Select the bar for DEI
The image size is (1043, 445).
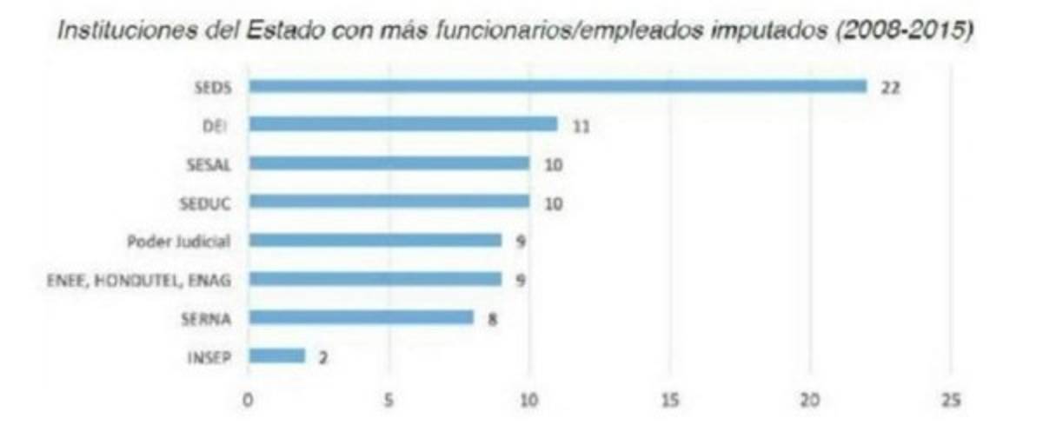pos(403,124)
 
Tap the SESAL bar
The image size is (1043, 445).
pos(389,163)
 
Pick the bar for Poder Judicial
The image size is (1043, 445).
pos(375,240)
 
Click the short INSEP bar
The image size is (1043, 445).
pos(276,355)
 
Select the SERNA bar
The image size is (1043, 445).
pos(362,317)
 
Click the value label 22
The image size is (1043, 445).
pos(889,87)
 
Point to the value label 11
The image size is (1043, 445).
pos(580,125)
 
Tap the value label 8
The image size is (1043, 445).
pos(491,318)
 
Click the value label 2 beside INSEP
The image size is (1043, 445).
pos(322,356)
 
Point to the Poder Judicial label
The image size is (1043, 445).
pos(179,241)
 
